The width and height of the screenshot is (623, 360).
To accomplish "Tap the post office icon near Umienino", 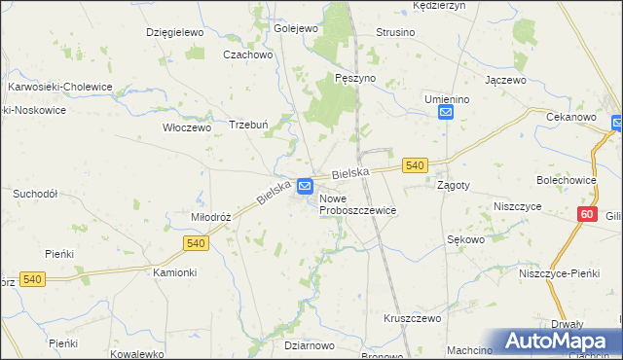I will tap(446, 114).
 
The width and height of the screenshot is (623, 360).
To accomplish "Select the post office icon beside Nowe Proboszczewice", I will tap(306, 185).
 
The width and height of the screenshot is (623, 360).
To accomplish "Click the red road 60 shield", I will tap(585, 214).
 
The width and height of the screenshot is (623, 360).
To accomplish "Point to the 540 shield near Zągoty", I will tap(415, 166).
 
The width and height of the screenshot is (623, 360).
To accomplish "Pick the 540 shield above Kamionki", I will tap(193, 241).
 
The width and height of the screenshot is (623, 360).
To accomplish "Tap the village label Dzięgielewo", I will tap(173, 32).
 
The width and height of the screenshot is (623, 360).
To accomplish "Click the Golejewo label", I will tap(297, 28).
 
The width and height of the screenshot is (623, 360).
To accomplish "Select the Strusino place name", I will tap(395, 32).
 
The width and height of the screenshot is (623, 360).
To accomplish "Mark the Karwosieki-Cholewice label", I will tap(60, 87).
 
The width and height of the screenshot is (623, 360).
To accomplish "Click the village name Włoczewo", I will tap(186, 126).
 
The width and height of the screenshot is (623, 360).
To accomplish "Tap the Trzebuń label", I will tap(247, 124).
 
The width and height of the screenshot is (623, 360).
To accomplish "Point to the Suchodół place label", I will tap(35, 194).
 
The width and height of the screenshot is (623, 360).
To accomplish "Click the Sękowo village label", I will tap(465, 238).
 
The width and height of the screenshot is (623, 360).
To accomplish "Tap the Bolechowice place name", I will tap(566, 180).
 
